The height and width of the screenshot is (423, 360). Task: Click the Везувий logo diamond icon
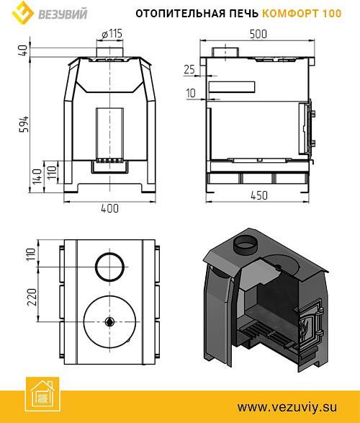(x=23, y=12)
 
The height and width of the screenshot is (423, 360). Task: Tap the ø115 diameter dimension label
(x=112, y=34)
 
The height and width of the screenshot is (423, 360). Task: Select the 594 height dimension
(x=24, y=124)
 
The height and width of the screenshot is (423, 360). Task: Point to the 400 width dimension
(x=109, y=208)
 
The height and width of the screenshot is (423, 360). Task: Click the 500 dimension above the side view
(x=258, y=34)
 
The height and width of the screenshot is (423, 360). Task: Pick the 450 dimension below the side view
(x=259, y=195)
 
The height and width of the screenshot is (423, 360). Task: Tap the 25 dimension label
(x=189, y=69)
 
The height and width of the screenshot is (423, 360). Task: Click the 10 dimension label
(x=191, y=93)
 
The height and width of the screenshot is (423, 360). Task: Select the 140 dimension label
(x=37, y=177)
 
